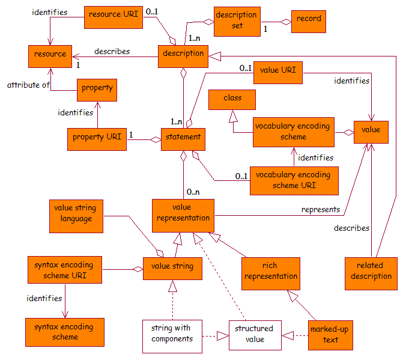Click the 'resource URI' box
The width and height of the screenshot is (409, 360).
(x=114, y=17)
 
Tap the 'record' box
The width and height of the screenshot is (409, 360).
(x=309, y=19)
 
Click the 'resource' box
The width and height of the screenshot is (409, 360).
(x=50, y=55)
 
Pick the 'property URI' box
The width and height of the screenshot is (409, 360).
(x=96, y=138)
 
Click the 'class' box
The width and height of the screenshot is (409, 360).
(x=232, y=99)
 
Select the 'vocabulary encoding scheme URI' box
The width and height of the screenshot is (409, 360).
(x=294, y=180)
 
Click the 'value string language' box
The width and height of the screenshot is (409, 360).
(x=76, y=214)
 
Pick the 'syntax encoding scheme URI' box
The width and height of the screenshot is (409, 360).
(x=65, y=270)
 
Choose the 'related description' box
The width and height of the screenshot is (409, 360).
(x=372, y=271)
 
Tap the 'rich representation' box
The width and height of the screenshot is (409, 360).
(x=270, y=271)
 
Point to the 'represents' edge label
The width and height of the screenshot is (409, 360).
(x=321, y=210)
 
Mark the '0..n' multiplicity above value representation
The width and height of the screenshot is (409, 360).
(x=193, y=192)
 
